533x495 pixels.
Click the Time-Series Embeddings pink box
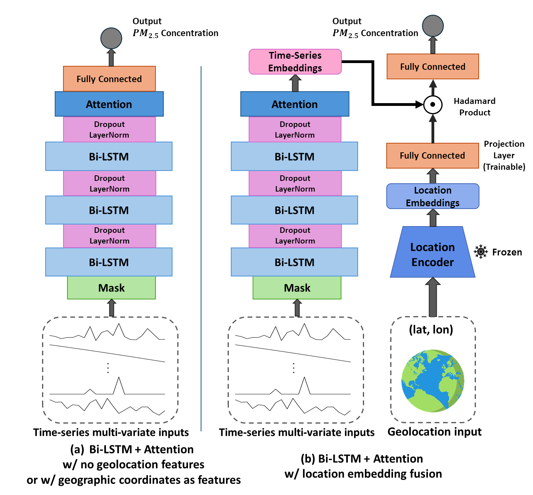point(295,62)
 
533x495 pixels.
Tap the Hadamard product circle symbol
point(433,105)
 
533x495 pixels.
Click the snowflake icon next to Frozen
point(481,252)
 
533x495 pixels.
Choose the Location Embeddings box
point(433,196)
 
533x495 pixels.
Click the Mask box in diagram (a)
point(111,288)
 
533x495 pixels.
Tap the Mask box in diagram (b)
point(297,288)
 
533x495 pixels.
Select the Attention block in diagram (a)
point(109,104)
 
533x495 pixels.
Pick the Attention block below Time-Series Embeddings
point(295,104)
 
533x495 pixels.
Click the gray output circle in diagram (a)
point(111,38)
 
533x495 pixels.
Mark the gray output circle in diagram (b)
point(433,26)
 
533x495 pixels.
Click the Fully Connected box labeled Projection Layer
point(432,155)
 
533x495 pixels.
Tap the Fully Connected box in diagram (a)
point(109,79)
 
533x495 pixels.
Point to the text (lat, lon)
point(431,330)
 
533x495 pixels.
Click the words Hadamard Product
point(475,107)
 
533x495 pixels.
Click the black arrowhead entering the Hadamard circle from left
point(419,105)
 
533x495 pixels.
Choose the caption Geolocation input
point(434,432)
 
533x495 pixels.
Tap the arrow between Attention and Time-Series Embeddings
point(295,83)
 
